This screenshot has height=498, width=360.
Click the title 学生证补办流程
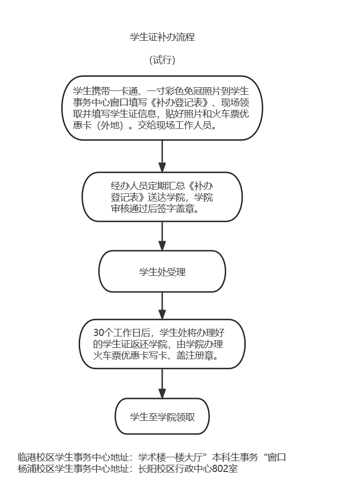pos(162,37)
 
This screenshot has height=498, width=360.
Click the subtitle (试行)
pos(162,60)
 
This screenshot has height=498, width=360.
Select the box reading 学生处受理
pos(162,271)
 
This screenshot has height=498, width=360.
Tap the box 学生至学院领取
pos(162,417)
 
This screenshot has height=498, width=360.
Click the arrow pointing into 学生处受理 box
pos(162,236)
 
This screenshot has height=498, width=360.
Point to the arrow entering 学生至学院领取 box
pos(162,384)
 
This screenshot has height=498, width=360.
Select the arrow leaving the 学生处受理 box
pos(162,306)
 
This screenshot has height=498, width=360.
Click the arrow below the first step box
pos(162,156)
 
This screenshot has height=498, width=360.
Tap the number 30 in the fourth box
pos(99,333)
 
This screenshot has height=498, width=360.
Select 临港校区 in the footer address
pos(36,457)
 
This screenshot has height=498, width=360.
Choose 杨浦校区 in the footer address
pos(36,469)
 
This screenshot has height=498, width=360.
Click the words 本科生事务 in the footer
pos(235,457)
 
